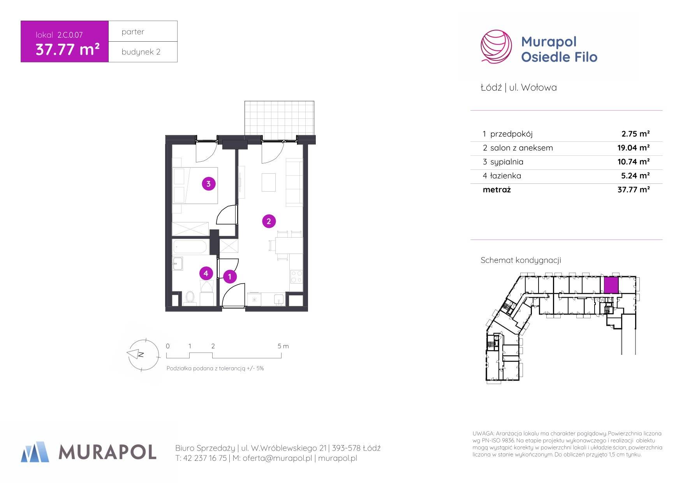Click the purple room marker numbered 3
tap(209, 184)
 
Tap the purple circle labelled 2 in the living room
tap(269, 221)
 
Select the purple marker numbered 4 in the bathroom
tap(206, 273)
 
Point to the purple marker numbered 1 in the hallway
tap(230, 277)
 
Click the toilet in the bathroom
tap(190, 298)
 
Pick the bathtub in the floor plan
tap(190, 247)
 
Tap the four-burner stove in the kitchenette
tap(296, 276)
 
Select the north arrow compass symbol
tap(143, 354)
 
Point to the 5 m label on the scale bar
tap(283, 346)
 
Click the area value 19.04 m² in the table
tap(634, 148)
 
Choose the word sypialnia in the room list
tap(507, 162)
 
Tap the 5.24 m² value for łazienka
tap(635, 176)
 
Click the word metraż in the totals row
tap(496, 190)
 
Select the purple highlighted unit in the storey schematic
tap(611, 285)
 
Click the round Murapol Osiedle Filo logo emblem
tap(496, 47)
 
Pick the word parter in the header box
tap(133, 32)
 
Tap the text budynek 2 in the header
tap(141, 52)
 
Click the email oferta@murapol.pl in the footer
tap(277, 458)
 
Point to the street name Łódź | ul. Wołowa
tap(519, 87)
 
